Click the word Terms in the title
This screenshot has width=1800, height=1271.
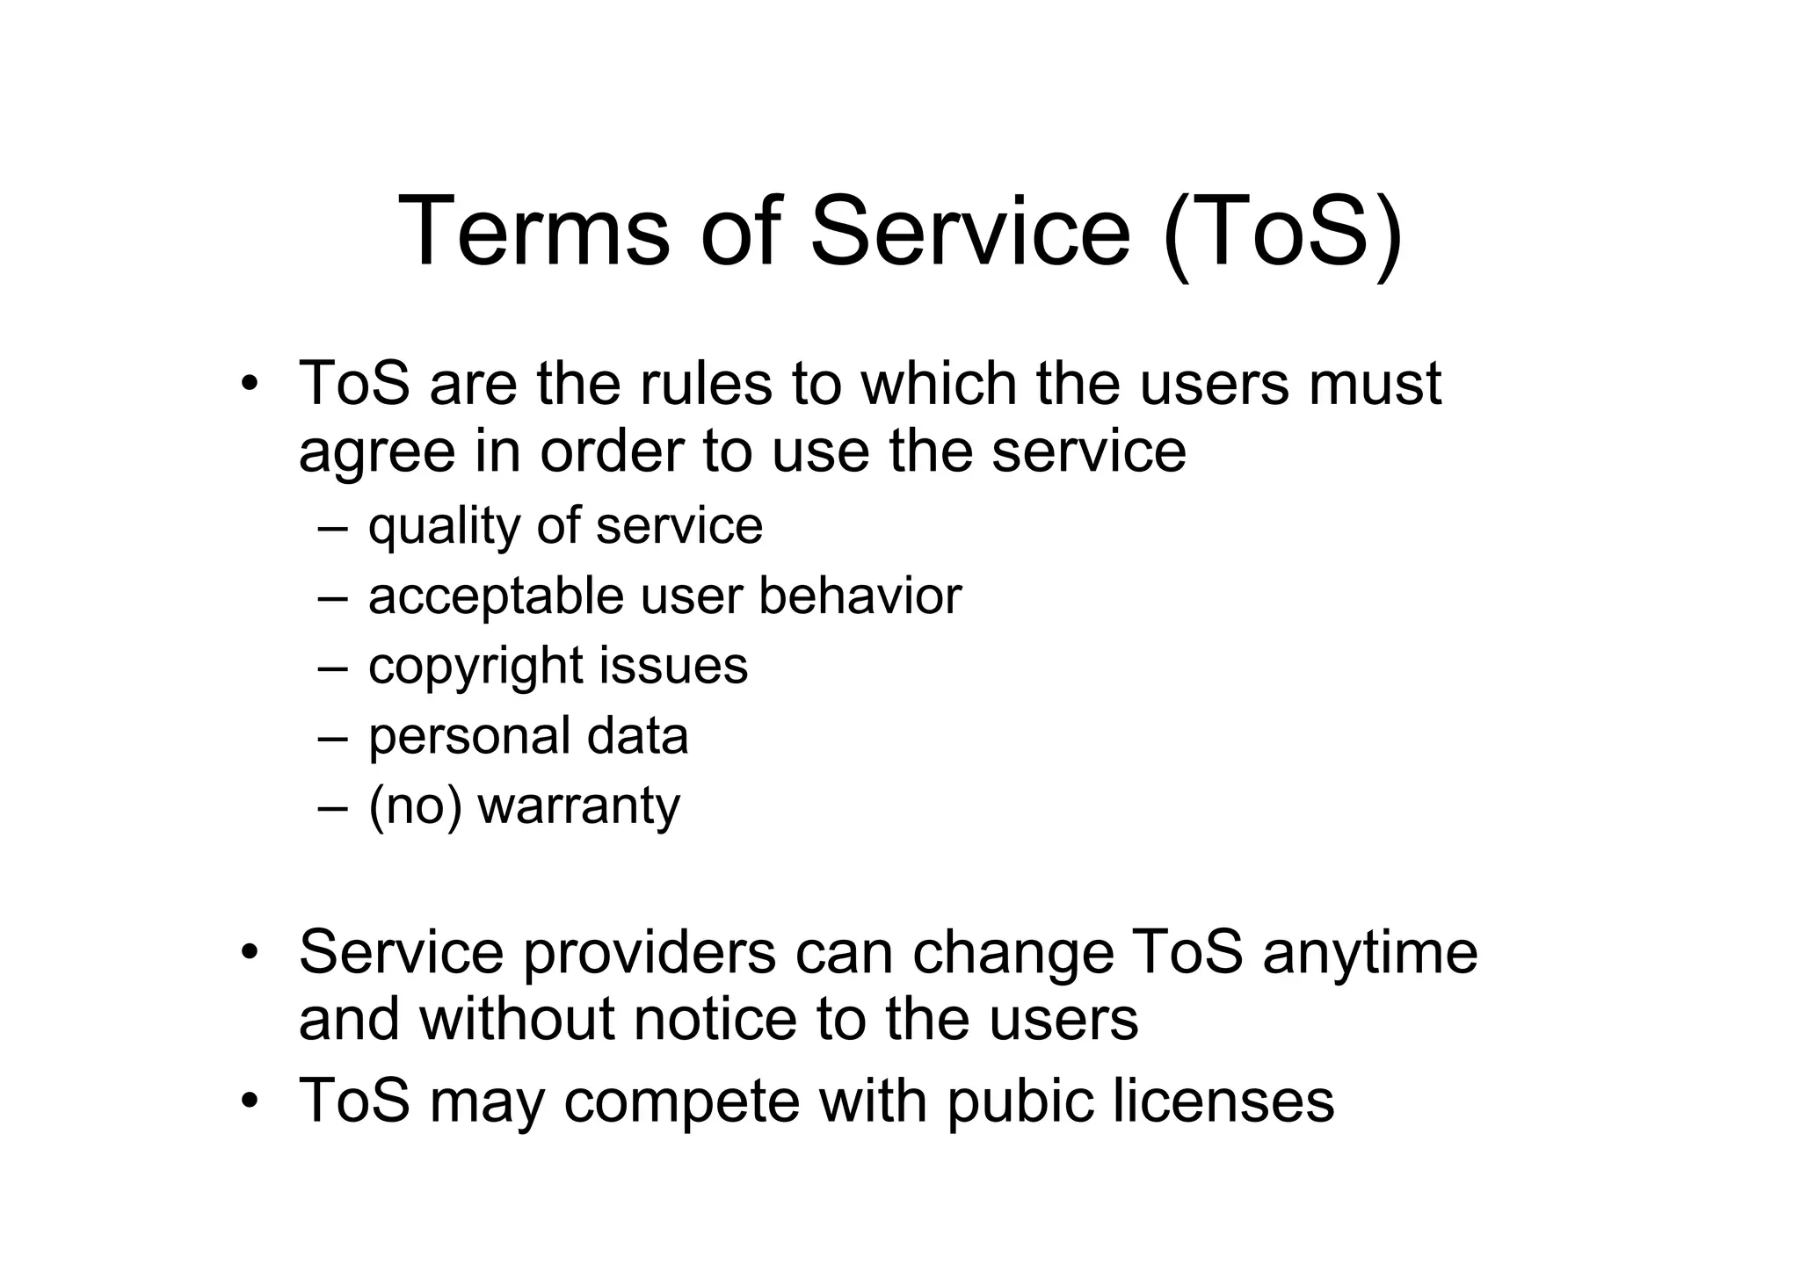point(533,231)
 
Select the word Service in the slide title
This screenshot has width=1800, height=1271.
point(969,231)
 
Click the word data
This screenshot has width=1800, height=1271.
point(637,736)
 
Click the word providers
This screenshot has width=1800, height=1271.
point(650,953)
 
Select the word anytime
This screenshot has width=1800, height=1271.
point(1370,953)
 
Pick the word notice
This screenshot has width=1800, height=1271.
point(715,1019)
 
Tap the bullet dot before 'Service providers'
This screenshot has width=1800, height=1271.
point(250,952)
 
